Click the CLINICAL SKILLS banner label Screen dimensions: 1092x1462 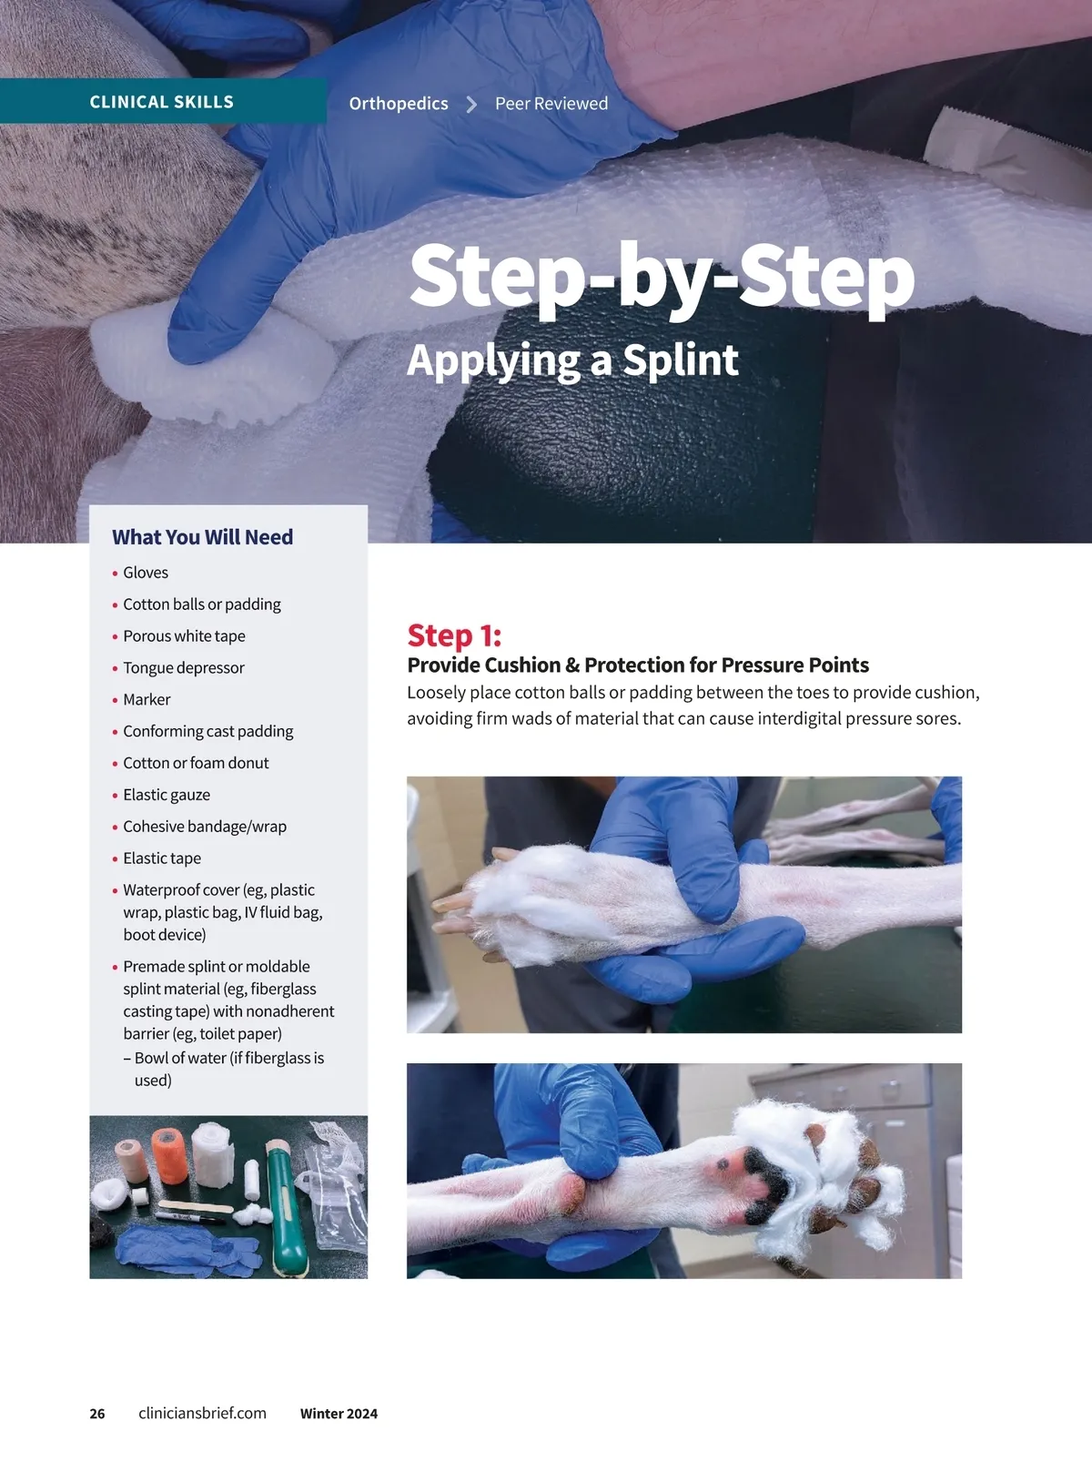point(162,102)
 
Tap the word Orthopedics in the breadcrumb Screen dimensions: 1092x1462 point(399,104)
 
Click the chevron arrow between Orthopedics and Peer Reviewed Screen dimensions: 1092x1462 point(471,104)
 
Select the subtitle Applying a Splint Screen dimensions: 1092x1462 point(572,360)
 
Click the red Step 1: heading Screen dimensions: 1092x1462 point(454,635)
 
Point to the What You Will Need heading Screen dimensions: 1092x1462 point(202,537)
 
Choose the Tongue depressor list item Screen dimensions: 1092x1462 point(184,667)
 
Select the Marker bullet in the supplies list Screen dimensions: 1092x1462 point(147,699)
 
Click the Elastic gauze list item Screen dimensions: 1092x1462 point(167,795)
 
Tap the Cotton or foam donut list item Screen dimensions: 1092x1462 point(196,763)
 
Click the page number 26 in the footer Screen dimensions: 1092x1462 point(97,1414)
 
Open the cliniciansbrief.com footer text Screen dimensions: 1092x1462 point(202,1414)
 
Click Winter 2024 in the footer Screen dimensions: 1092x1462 point(339,1414)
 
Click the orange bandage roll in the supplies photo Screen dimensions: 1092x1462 point(169,1155)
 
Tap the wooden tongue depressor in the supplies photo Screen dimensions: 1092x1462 point(196,1206)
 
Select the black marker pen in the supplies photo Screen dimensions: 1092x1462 point(190,1217)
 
